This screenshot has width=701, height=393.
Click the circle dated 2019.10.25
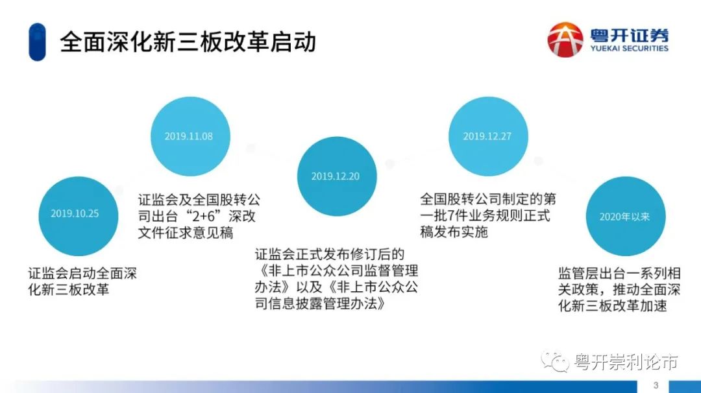click(x=75, y=213)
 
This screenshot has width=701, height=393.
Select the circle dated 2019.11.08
click(x=189, y=136)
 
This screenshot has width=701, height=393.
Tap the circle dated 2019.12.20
click(x=335, y=176)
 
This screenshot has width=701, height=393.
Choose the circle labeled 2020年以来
click(x=624, y=217)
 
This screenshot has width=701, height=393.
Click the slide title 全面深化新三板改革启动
click(x=188, y=42)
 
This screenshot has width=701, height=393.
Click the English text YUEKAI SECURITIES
click(x=629, y=49)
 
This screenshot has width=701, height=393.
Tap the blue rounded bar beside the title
click(x=37, y=42)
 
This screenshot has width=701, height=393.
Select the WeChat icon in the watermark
click(x=556, y=361)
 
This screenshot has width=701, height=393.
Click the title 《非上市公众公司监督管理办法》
click(x=337, y=270)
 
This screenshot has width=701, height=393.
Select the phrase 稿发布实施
click(x=454, y=232)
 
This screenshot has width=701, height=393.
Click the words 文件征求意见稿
click(x=186, y=233)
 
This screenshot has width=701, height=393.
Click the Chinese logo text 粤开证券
click(x=629, y=34)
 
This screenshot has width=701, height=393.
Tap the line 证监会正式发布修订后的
click(x=330, y=254)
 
